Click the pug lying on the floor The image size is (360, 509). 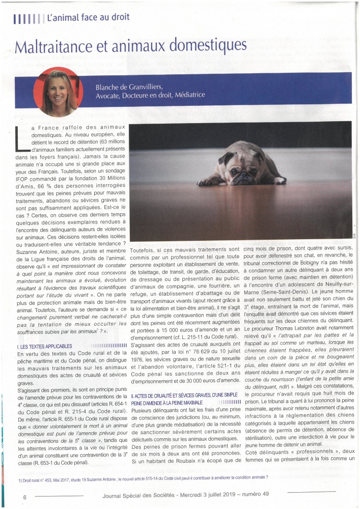[244, 165]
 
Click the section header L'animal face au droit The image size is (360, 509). [88, 17]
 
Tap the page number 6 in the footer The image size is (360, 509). [24, 496]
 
